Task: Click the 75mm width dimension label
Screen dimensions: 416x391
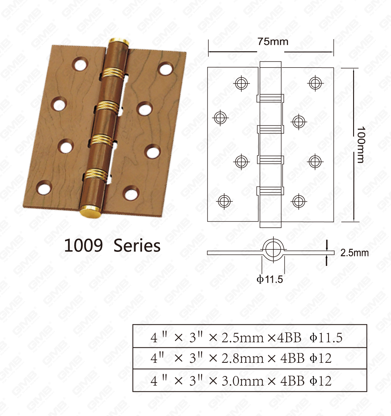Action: pyautogui.click(x=272, y=42)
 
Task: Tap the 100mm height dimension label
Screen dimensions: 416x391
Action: pyautogui.click(x=361, y=145)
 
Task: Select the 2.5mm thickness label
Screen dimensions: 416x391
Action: pyautogui.click(x=354, y=253)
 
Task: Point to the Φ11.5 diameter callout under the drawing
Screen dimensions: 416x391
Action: pyautogui.click(x=270, y=279)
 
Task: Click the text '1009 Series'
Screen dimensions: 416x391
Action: pyautogui.click(x=112, y=245)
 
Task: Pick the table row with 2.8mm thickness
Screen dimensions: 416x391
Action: pyautogui.click(x=249, y=358)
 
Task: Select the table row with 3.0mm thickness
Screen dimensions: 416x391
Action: pyautogui.click(x=249, y=381)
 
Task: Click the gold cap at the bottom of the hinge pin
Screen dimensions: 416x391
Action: pyautogui.click(x=90, y=211)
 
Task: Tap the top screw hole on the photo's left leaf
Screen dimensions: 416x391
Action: pyautogui.click(x=80, y=64)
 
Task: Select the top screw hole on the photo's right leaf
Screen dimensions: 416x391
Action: pyautogui.click(x=166, y=69)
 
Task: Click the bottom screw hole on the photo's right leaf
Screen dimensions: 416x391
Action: pyautogui.click(x=131, y=193)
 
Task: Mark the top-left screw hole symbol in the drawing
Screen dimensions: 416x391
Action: pyautogui.click(x=241, y=83)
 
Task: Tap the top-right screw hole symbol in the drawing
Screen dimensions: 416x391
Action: pyautogui.click(x=315, y=83)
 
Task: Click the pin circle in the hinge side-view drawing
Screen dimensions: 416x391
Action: pyautogui.click(x=273, y=249)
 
